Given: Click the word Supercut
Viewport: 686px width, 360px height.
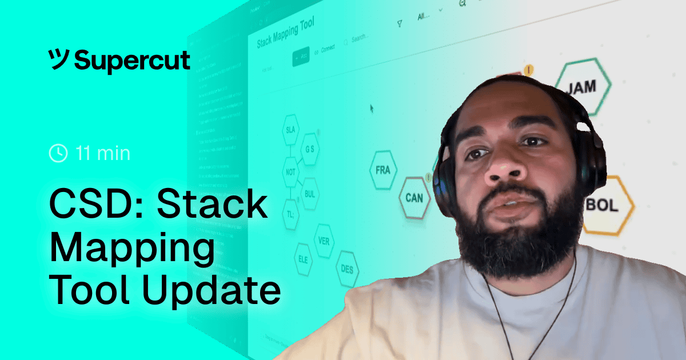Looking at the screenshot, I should [133, 59].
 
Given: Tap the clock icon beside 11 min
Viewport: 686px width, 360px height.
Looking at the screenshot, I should [58, 153].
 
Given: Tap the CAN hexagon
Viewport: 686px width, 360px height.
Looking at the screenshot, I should [414, 198].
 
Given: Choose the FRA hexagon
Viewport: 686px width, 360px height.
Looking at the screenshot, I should [382, 170].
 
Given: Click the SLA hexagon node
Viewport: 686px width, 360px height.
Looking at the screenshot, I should [290, 131].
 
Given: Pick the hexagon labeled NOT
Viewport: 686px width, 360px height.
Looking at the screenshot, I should [290, 171].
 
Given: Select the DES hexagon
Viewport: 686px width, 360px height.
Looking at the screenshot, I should [347, 269].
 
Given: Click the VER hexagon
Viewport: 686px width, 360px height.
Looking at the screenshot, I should [324, 241].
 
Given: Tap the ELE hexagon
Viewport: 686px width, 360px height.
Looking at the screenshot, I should [302, 258].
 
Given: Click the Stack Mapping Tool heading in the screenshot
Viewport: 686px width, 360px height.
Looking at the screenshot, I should [285, 35].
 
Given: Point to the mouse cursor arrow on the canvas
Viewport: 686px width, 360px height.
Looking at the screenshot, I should [372, 107].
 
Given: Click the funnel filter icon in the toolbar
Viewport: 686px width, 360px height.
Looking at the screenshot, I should [400, 23].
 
